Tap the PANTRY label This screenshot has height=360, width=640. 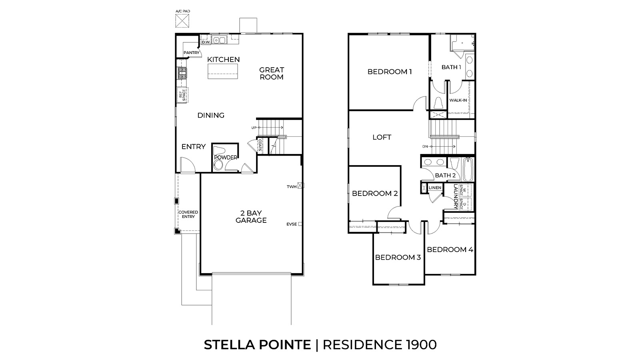191,53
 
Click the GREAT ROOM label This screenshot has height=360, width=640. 271,73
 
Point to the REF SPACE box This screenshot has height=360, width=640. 182,94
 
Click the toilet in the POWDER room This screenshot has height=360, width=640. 218,164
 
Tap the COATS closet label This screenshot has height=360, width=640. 260,146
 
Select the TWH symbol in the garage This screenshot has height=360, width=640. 301,186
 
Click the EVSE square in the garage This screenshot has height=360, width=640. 300,224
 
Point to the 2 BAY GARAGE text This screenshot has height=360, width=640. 251,217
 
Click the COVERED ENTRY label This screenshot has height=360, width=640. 188,214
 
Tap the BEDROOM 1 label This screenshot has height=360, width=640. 389,72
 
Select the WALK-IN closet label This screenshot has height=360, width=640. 458,100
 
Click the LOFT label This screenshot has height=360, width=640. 382,137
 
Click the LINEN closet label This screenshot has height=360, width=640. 435,188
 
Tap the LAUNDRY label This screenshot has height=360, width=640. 455,196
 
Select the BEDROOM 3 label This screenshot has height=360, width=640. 398,257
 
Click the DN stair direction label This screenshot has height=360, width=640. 425,146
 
